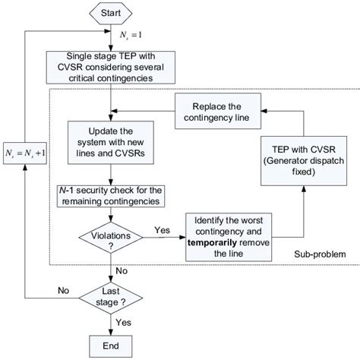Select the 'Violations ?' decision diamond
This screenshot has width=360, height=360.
pos(113,239)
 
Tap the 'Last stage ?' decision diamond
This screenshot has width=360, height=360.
pos(113,297)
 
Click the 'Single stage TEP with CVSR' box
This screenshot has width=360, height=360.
pos(113,65)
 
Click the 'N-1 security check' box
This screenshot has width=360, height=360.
pos(113,196)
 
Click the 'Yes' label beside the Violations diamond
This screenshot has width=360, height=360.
pos(161,229)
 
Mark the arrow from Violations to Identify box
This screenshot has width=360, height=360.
pos(165,239)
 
